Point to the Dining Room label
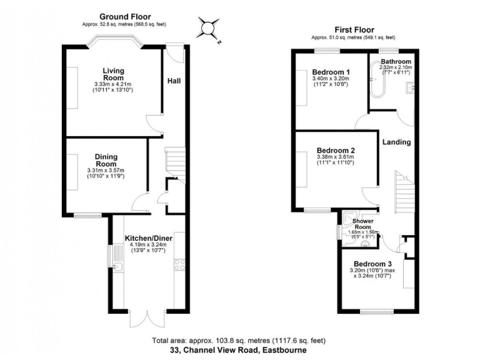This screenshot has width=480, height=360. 106,160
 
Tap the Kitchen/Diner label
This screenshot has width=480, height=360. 148,238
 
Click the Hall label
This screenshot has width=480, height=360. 174,81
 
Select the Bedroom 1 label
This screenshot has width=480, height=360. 331,72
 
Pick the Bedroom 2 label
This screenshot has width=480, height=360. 336,151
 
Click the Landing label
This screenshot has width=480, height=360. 397,142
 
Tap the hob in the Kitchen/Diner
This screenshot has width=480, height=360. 179,264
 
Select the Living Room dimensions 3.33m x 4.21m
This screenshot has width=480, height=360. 114,84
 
